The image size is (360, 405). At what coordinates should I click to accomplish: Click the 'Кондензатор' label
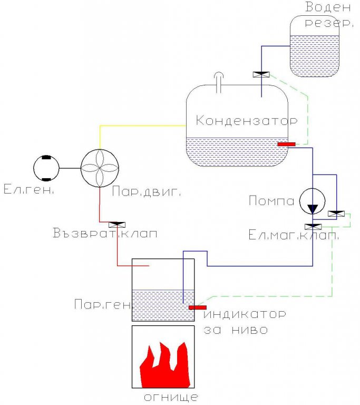(247, 121)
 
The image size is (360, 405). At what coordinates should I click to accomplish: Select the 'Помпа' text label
(271, 201)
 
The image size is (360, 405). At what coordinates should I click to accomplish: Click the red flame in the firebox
(165, 365)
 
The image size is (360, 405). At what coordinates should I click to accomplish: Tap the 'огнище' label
(171, 397)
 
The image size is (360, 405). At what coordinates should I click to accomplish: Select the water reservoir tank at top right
(314, 46)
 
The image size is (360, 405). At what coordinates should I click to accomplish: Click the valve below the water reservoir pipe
(261, 75)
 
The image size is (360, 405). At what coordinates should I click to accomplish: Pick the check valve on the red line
(117, 225)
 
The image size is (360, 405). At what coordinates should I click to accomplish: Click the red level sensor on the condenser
(286, 144)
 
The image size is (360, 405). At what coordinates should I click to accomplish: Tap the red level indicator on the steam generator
(198, 307)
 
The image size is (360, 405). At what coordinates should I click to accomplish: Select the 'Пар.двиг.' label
(146, 192)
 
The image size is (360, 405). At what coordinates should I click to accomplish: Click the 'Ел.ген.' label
(29, 189)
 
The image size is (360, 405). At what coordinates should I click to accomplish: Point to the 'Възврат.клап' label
(105, 233)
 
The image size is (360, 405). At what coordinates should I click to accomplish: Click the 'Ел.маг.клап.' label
(294, 235)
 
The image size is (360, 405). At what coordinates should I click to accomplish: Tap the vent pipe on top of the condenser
(219, 82)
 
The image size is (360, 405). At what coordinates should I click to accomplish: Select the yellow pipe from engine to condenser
(100, 126)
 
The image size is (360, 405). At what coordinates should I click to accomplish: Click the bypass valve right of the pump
(336, 214)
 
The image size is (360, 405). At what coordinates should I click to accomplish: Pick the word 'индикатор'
(245, 314)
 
